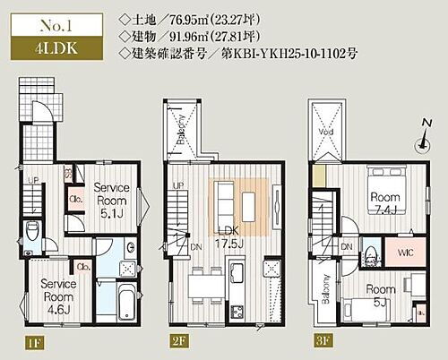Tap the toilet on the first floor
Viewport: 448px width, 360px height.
(x=33, y=237)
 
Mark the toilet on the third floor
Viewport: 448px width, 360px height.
(x=367, y=254)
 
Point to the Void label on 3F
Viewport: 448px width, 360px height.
(x=324, y=128)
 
